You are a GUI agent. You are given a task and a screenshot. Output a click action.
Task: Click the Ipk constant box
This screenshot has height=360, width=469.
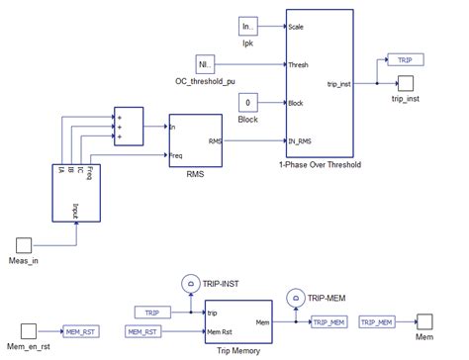click(x=248, y=27)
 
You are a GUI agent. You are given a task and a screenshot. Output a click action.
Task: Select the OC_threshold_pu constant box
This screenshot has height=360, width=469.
click(x=205, y=64)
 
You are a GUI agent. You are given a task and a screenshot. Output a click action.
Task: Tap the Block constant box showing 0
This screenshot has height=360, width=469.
click(x=248, y=102)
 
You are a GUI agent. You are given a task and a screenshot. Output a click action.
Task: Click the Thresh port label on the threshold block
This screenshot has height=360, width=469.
click(x=299, y=65)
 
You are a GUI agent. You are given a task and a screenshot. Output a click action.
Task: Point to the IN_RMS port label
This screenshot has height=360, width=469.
click(x=302, y=140)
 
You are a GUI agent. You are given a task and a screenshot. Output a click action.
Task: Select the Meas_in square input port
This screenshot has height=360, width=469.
click(x=27, y=243)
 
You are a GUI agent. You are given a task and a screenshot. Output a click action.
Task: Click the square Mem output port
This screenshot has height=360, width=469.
click(x=423, y=321)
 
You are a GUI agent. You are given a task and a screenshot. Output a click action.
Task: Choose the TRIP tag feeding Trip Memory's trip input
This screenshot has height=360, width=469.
click(x=151, y=313)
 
